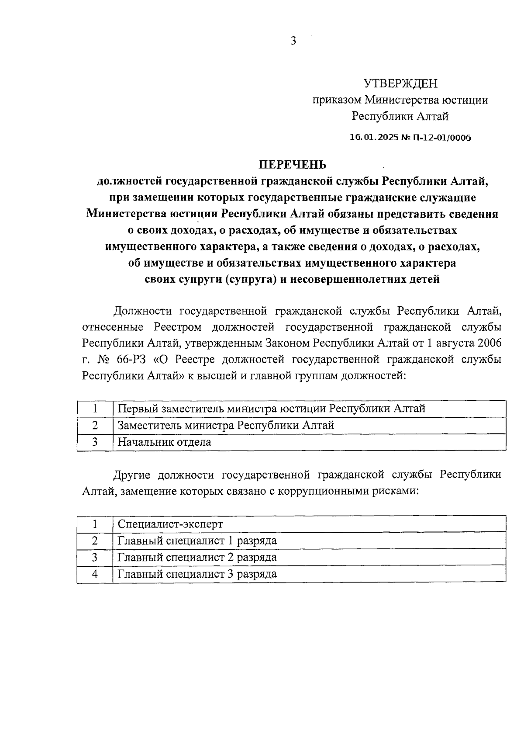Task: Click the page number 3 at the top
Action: tap(293, 41)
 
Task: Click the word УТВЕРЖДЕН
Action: tap(400, 83)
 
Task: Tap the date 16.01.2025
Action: tap(370, 138)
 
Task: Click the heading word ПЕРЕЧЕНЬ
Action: tap(293, 164)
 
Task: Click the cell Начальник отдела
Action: tap(165, 442)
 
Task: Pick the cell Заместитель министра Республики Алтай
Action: tap(226, 425)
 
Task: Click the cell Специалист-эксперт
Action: tap(170, 524)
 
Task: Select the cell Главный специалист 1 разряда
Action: tap(197, 541)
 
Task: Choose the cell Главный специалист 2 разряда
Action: tap(197, 557)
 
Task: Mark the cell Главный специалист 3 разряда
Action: tap(197, 574)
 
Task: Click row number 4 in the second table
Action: tap(94, 574)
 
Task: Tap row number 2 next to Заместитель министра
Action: tap(94, 425)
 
